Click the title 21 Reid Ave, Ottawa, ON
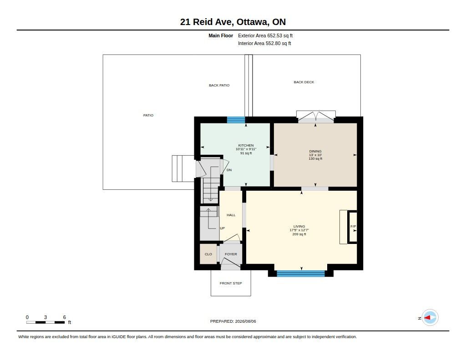[233, 22]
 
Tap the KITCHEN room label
[246, 145]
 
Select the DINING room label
[315, 151]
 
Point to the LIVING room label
[299, 226]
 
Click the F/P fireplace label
[353, 227]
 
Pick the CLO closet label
[208, 254]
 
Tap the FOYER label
[231, 254]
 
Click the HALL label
[231, 215]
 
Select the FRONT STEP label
[231, 283]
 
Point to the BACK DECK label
[304, 82]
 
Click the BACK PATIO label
[219, 85]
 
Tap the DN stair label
[229, 170]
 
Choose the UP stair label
[222, 228]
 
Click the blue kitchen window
[236, 120]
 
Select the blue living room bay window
[301, 274]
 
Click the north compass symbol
[430, 318]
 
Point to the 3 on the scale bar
[46, 317]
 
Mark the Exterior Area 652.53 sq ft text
[265, 35]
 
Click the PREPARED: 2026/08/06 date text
[233, 321]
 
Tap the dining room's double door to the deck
[316, 117]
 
